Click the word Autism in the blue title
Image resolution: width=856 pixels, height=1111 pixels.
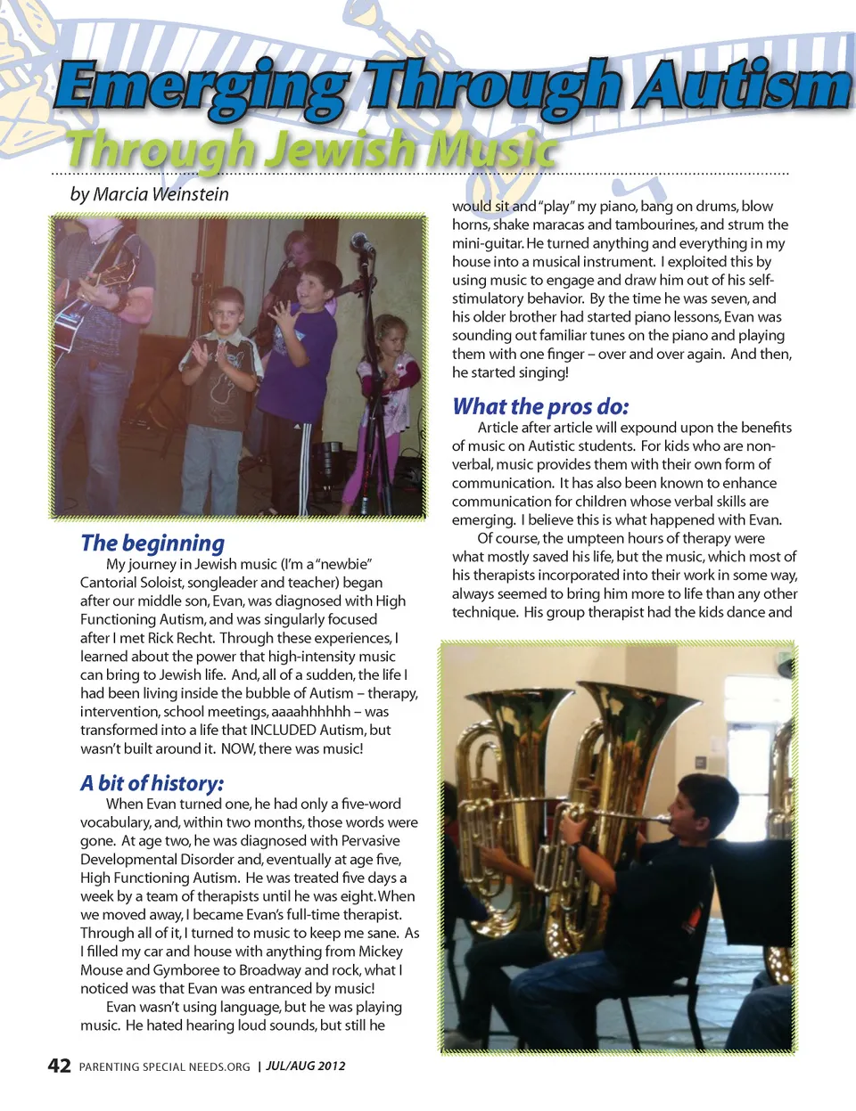[744, 87]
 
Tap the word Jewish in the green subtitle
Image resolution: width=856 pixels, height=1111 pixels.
[342, 149]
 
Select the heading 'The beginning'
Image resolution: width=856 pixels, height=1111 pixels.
[152, 543]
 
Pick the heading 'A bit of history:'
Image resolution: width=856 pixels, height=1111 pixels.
[152, 783]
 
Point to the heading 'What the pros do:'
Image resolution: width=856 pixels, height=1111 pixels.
[540, 406]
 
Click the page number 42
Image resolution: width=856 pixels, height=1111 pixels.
[59, 1066]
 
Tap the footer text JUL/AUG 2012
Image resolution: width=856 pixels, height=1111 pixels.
[306, 1066]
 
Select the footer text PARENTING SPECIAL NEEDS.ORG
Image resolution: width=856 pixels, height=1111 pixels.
[164, 1066]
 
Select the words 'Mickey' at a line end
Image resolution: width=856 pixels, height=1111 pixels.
[381, 951]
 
